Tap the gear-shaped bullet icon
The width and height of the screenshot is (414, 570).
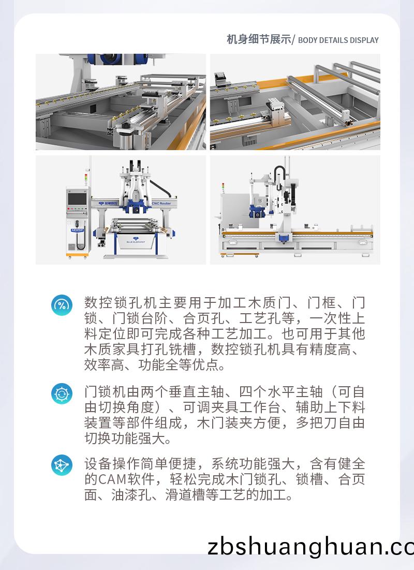point(62,393)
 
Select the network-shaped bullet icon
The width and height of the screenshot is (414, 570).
point(62,465)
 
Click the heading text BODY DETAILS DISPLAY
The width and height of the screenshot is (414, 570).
point(338,40)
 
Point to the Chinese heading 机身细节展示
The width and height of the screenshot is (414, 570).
point(259,40)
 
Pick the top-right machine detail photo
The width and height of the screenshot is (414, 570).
point(295,101)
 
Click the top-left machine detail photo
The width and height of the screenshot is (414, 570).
point(121,101)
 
